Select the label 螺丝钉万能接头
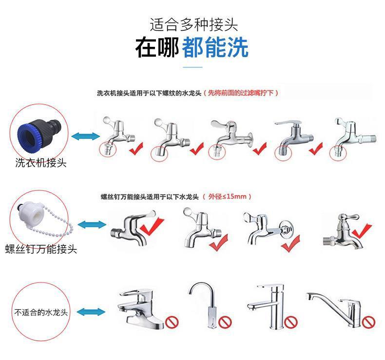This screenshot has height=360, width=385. point(41,249)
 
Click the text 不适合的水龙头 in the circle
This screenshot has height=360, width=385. point(41,311)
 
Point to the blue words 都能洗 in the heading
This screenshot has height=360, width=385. point(215,47)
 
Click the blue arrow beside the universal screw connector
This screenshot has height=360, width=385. point(92,225)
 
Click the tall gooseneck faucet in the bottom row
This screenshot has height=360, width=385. point(204,305)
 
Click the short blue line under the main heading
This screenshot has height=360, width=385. point(192,67)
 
